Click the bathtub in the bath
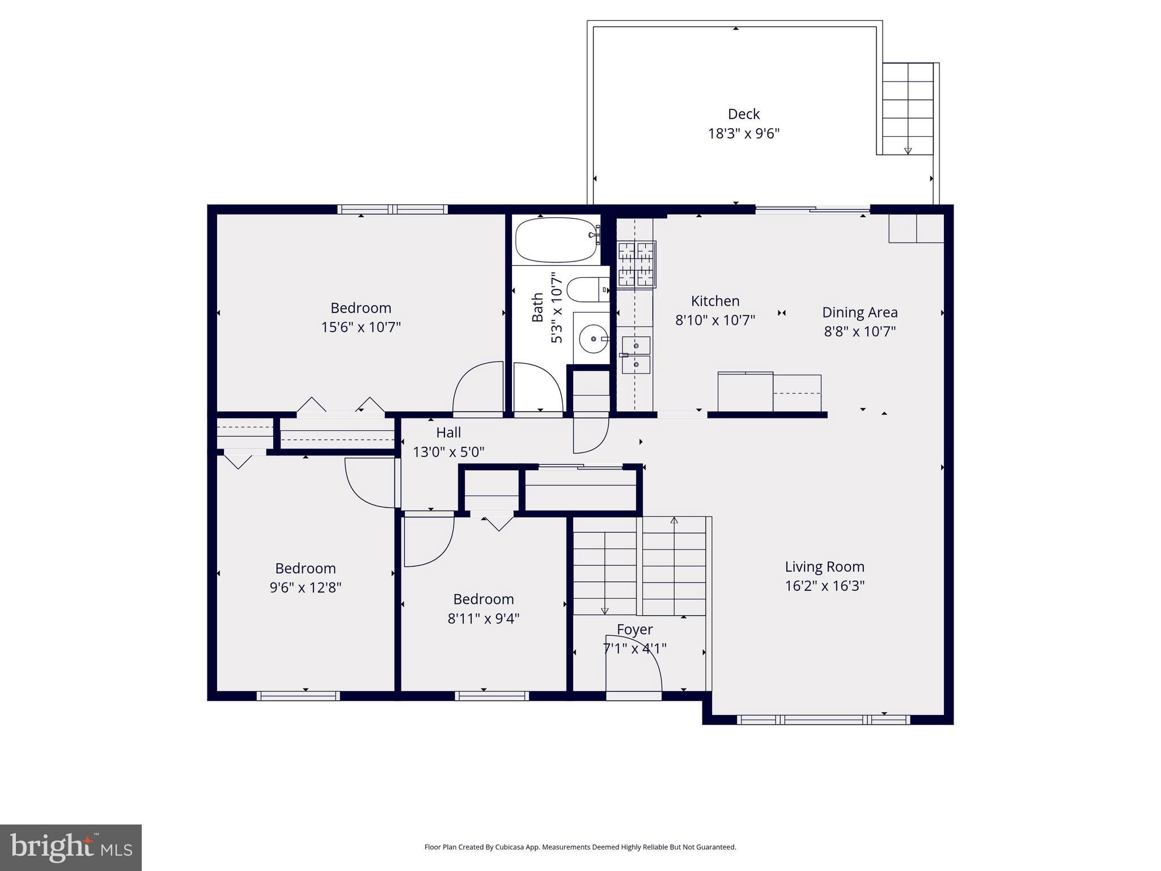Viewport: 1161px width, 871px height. (x=557, y=240)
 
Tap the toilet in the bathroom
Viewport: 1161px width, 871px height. (x=587, y=290)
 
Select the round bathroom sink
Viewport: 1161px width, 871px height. (x=593, y=339)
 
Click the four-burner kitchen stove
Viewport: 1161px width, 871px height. (x=636, y=264)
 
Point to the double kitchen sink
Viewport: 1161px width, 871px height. (x=635, y=355)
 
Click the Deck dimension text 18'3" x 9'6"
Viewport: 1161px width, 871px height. (x=743, y=134)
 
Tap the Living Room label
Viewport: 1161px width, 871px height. (x=824, y=566)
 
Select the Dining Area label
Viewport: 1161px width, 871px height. (x=859, y=312)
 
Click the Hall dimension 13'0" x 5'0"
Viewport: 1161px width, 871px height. (x=448, y=452)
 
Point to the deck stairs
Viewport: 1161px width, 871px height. (x=908, y=108)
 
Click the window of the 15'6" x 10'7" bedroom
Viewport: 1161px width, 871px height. (x=392, y=209)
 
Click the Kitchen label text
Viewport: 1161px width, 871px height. (x=715, y=301)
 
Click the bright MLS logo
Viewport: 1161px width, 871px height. (x=71, y=848)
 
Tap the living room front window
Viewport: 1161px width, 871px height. (x=823, y=720)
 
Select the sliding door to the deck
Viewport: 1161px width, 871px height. (x=812, y=209)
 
